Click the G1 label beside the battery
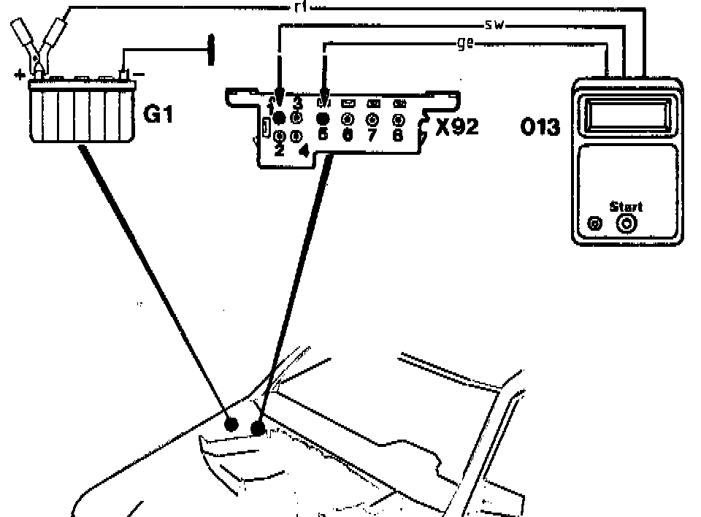tap(158, 115)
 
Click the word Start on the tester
tap(626, 207)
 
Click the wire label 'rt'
tap(297, 7)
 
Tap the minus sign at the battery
tap(140, 74)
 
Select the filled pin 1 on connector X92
tap(278, 118)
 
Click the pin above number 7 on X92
tap(372, 118)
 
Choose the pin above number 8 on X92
tap(398, 118)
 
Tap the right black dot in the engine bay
tap(258, 427)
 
